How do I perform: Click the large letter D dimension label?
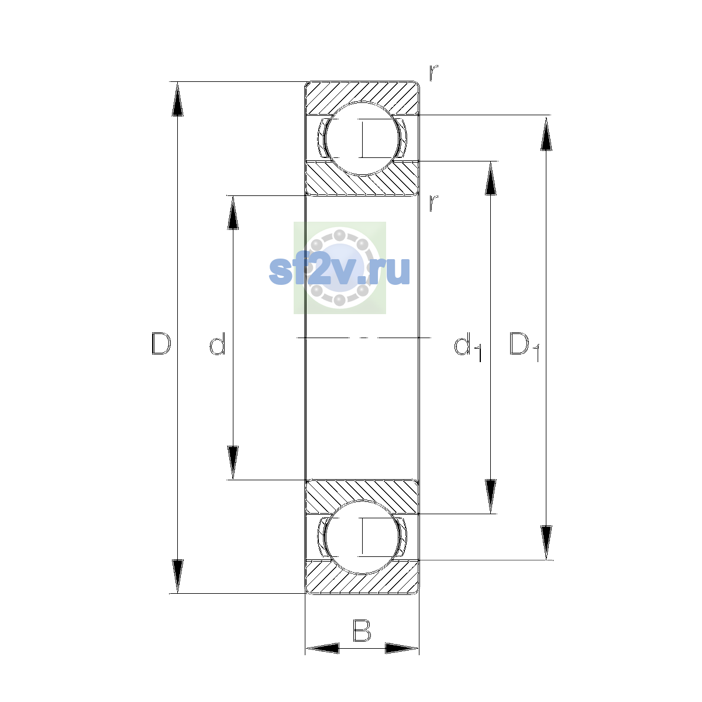tap(161, 343)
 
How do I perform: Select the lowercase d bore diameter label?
tap(218, 343)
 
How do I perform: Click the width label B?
tap(362, 630)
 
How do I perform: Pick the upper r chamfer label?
tap(433, 73)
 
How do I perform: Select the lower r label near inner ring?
tap(433, 203)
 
